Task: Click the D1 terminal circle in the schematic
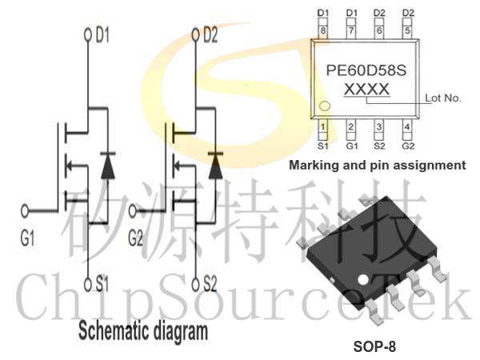pyautogui.click(x=88, y=35)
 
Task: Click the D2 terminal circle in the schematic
pyautogui.click(x=195, y=35)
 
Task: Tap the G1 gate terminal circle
pyautogui.click(x=25, y=211)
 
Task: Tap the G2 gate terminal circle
pyautogui.click(x=133, y=211)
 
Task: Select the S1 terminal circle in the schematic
pyautogui.click(x=88, y=285)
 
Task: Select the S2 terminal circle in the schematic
pyautogui.click(x=195, y=285)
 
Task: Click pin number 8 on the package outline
pyautogui.click(x=322, y=30)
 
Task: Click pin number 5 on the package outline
pyautogui.click(x=407, y=30)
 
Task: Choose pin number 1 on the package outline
pyautogui.click(x=322, y=126)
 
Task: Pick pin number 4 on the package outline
pyautogui.click(x=407, y=126)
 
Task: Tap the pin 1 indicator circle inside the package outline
pyautogui.click(x=325, y=106)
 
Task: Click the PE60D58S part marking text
pyautogui.click(x=366, y=70)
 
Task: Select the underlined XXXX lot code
pyautogui.click(x=366, y=90)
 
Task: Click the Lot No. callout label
pyautogui.click(x=442, y=98)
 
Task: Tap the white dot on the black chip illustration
pyautogui.click(x=363, y=279)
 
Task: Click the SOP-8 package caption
pyautogui.click(x=374, y=346)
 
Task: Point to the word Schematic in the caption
pyautogui.click(x=114, y=331)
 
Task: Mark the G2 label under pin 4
pyautogui.click(x=408, y=146)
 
